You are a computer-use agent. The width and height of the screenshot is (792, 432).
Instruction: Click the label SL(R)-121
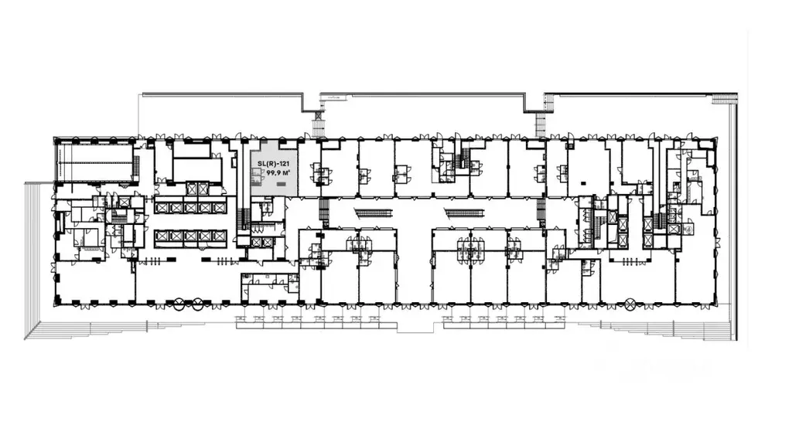pyautogui.click(x=273, y=164)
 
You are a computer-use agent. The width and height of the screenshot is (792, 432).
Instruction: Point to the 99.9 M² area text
pyautogui.click(x=278, y=172)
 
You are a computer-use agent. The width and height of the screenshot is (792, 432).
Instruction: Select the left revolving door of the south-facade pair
pyautogui.click(x=179, y=304)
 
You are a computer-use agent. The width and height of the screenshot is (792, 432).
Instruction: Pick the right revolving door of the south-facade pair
pyautogui.click(x=197, y=304)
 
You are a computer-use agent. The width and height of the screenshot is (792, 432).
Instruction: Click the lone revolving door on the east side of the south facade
pyautogui.click(x=630, y=304)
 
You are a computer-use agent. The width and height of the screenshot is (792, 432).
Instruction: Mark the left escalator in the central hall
pyautogui.click(x=374, y=213)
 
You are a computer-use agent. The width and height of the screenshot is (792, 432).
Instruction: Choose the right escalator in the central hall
pyautogui.click(x=464, y=213)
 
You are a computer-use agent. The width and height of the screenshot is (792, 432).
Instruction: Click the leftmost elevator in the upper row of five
pyautogui.click(x=162, y=207)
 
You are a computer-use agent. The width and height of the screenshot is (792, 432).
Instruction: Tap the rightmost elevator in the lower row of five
pyautogui.click(x=219, y=236)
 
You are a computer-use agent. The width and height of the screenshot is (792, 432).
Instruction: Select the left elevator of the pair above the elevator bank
pyautogui.click(x=192, y=189)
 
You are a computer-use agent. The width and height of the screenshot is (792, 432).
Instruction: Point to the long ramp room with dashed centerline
pyautogui.click(x=95, y=162)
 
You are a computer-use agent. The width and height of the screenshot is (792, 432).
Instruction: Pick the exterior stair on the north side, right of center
pyautogui.click(x=541, y=124)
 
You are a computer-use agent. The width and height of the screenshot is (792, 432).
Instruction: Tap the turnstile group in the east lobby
pyautogui.click(x=630, y=261)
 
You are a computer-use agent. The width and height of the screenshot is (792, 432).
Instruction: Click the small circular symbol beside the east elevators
pyautogui.click(x=688, y=229)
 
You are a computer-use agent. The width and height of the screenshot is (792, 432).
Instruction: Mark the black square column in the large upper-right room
pyautogui.click(x=583, y=182)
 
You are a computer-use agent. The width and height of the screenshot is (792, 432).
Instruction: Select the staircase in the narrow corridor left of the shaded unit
pyautogui.click(x=245, y=217)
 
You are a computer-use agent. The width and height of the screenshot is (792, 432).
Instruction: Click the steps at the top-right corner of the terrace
pyautogui.click(x=724, y=98)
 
